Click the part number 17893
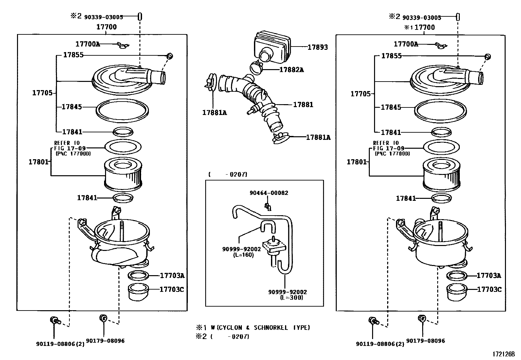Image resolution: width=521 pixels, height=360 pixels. coord(318,47)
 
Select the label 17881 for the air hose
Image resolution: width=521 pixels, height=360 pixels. coord(303,104)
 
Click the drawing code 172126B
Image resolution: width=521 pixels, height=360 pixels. coord(504,354)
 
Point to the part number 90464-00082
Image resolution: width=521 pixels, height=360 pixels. coord(269,193)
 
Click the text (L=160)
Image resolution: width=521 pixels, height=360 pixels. coord(243,255)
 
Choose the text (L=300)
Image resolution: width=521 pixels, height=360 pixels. coord(292,297)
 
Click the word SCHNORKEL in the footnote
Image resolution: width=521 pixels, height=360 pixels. coord(271,328)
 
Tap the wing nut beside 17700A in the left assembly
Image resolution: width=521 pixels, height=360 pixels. coord(123,45)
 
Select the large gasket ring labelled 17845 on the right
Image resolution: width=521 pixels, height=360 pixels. coord(440,111)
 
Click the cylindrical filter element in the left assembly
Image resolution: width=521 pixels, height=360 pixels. coord(123,174)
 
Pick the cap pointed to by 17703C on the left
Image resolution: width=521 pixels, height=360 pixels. coord(138,293)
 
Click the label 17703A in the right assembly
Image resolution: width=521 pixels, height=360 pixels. coord(489,275)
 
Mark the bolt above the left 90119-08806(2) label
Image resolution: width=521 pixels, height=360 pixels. coord(55,321)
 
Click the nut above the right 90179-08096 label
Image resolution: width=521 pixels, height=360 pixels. coord(422,318)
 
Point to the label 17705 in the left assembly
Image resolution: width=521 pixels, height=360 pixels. coord(42,93)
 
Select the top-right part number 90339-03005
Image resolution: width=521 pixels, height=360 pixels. coord(422,17)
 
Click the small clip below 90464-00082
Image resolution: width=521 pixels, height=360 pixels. coord(268,207)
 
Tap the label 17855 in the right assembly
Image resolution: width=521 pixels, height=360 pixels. coord(391,56)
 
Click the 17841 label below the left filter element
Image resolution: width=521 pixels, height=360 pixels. coord(87,198)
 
